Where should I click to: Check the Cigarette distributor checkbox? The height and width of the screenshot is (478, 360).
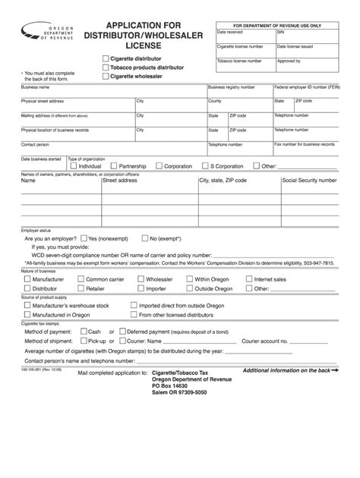(x=105, y=58)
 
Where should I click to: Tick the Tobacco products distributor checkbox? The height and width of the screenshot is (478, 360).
(x=105, y=68)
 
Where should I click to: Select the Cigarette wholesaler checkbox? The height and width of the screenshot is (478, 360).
(x=105, y=77)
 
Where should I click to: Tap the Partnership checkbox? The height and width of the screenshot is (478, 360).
(x=112, y=165)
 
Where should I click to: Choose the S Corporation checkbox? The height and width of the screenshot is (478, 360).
(x=204, y=165)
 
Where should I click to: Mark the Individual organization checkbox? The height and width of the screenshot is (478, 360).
(x=73, y=165)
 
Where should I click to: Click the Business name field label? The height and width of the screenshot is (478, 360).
(x=34, y=87)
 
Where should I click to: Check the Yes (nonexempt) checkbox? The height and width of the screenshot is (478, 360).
(x=83, y=237)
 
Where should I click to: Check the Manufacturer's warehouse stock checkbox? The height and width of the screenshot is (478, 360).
(x=26, y=305)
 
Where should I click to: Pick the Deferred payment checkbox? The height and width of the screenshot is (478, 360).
(x=120, y=332)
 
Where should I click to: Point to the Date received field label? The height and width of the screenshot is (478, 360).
(x=230, y=32)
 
